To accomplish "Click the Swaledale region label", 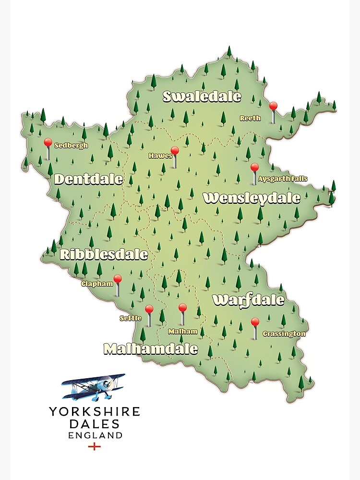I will point(202,96).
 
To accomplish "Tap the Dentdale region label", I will point(88,180).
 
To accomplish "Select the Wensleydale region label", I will point(252,198).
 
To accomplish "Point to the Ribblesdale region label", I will point(104,254).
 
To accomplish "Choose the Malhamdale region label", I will point(151,349).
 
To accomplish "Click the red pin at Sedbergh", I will point(48,143).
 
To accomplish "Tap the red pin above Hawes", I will point(175,151).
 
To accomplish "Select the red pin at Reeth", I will point(273,106).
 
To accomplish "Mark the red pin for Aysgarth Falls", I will point(254,168).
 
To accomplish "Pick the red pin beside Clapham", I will point(118,279).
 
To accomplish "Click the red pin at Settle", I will point(149,309).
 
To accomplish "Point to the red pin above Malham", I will point(182,308).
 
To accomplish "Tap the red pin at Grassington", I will point(255,322).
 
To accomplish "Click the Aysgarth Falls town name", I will point(283,179).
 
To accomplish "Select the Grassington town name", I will point(284,334).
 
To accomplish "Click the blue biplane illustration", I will point(94,386).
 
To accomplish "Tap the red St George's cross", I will point(95,447).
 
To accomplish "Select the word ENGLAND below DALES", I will point(95,435).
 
